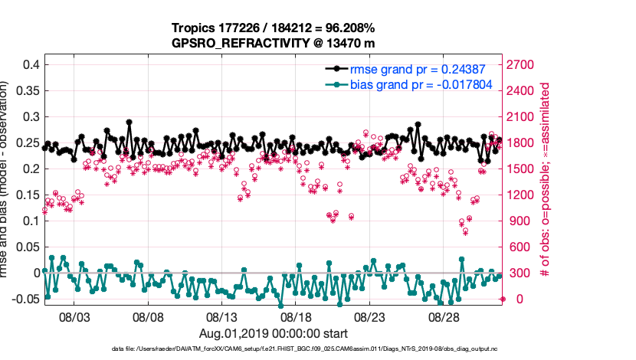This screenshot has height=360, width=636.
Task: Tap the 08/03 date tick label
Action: coord(75,316)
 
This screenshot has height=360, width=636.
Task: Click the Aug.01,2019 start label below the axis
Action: coord(274,333)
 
